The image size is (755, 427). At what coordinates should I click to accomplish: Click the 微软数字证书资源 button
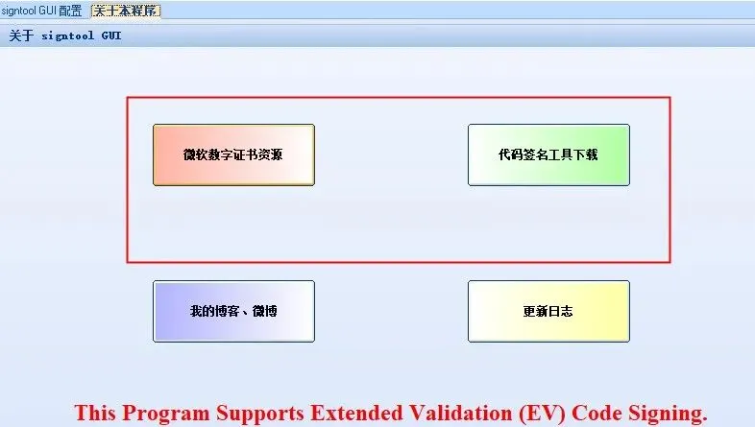233,154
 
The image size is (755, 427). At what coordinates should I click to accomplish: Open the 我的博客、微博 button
233,311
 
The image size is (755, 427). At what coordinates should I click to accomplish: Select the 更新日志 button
548,311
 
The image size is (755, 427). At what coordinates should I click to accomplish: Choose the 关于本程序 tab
126,11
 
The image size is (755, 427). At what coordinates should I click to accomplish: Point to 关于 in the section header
21,36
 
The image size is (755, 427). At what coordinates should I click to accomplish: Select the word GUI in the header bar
111,36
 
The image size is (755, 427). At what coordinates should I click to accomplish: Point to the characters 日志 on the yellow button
561,311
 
